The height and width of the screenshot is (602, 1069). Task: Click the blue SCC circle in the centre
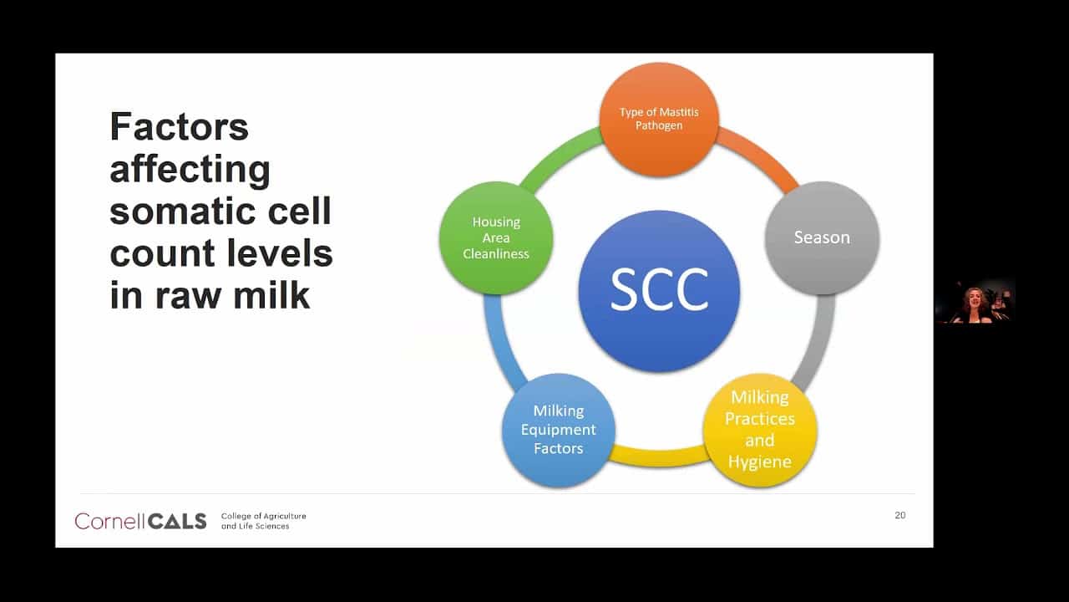659,291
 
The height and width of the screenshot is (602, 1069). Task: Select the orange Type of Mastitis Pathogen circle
659,120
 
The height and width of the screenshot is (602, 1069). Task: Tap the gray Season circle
822,238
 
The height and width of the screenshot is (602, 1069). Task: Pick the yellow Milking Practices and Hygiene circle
760,430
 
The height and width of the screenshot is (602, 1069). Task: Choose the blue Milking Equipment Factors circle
559,430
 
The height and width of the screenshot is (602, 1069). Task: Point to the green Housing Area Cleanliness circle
496,238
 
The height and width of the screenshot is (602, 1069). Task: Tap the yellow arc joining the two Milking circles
659,457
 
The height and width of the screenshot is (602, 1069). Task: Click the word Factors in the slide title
179,126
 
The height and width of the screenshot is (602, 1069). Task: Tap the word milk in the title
271,294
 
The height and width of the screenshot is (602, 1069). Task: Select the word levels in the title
279,253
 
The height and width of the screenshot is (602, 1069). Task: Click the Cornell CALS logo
140,521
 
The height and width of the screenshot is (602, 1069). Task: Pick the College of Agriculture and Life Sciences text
263,521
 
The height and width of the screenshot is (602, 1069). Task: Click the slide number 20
900,515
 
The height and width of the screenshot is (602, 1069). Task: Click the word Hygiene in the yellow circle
760,462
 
